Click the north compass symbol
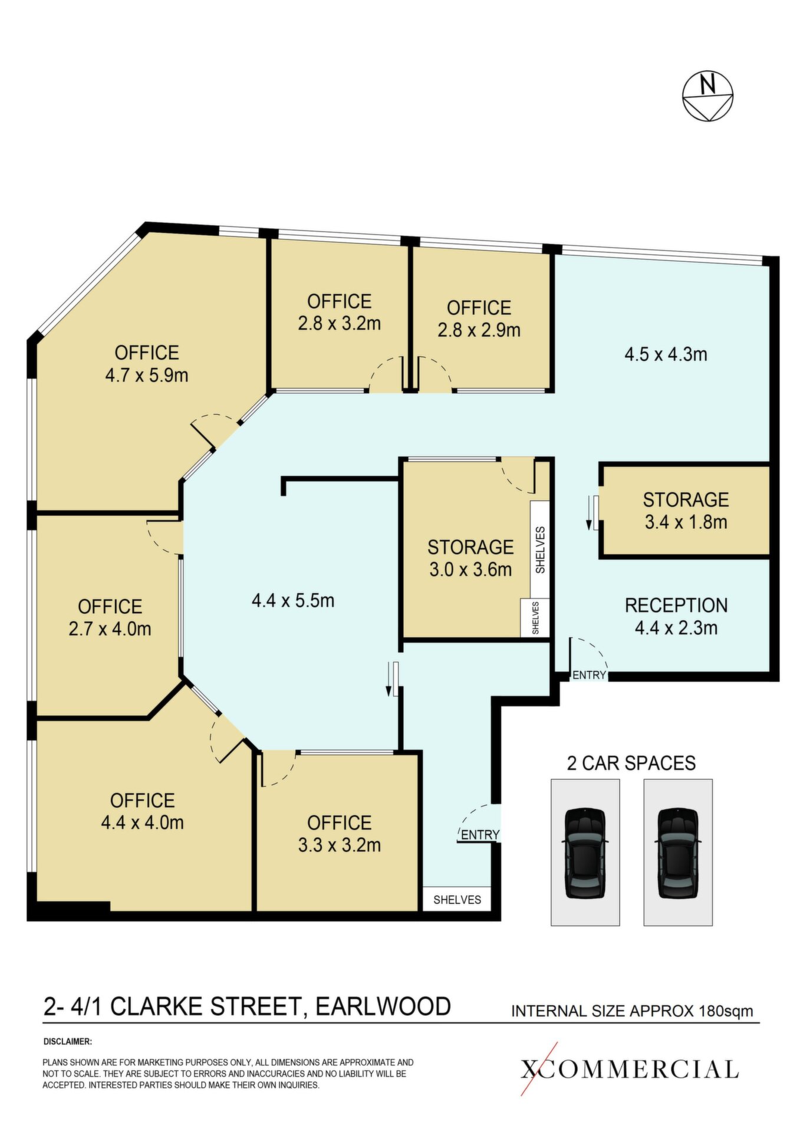(x=707, y=96)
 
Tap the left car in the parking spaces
(x=585, y=853)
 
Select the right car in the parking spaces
(x=678, y=853)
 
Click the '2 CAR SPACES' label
(x=631, y=763)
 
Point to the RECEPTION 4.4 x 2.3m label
(x=676, y=616)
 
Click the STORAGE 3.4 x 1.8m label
(x=686, y=511)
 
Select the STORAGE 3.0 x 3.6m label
(x=470, y=558)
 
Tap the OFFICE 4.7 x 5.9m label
(x=147, y=364)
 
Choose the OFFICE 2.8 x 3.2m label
(x=340, y=312)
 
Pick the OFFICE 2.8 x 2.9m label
(x=479, y=318)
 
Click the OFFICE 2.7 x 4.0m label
(x=110, y=617)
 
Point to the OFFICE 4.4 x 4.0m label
(x=142, y=811)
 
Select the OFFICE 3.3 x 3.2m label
(x=340, y=834)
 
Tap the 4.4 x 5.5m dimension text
(x=293, y=601)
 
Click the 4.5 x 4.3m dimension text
(x=666, y=354)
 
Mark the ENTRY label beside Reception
(x=589, y=675)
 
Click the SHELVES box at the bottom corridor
(x=457, y=899)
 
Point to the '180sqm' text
(x=726, y=1011)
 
